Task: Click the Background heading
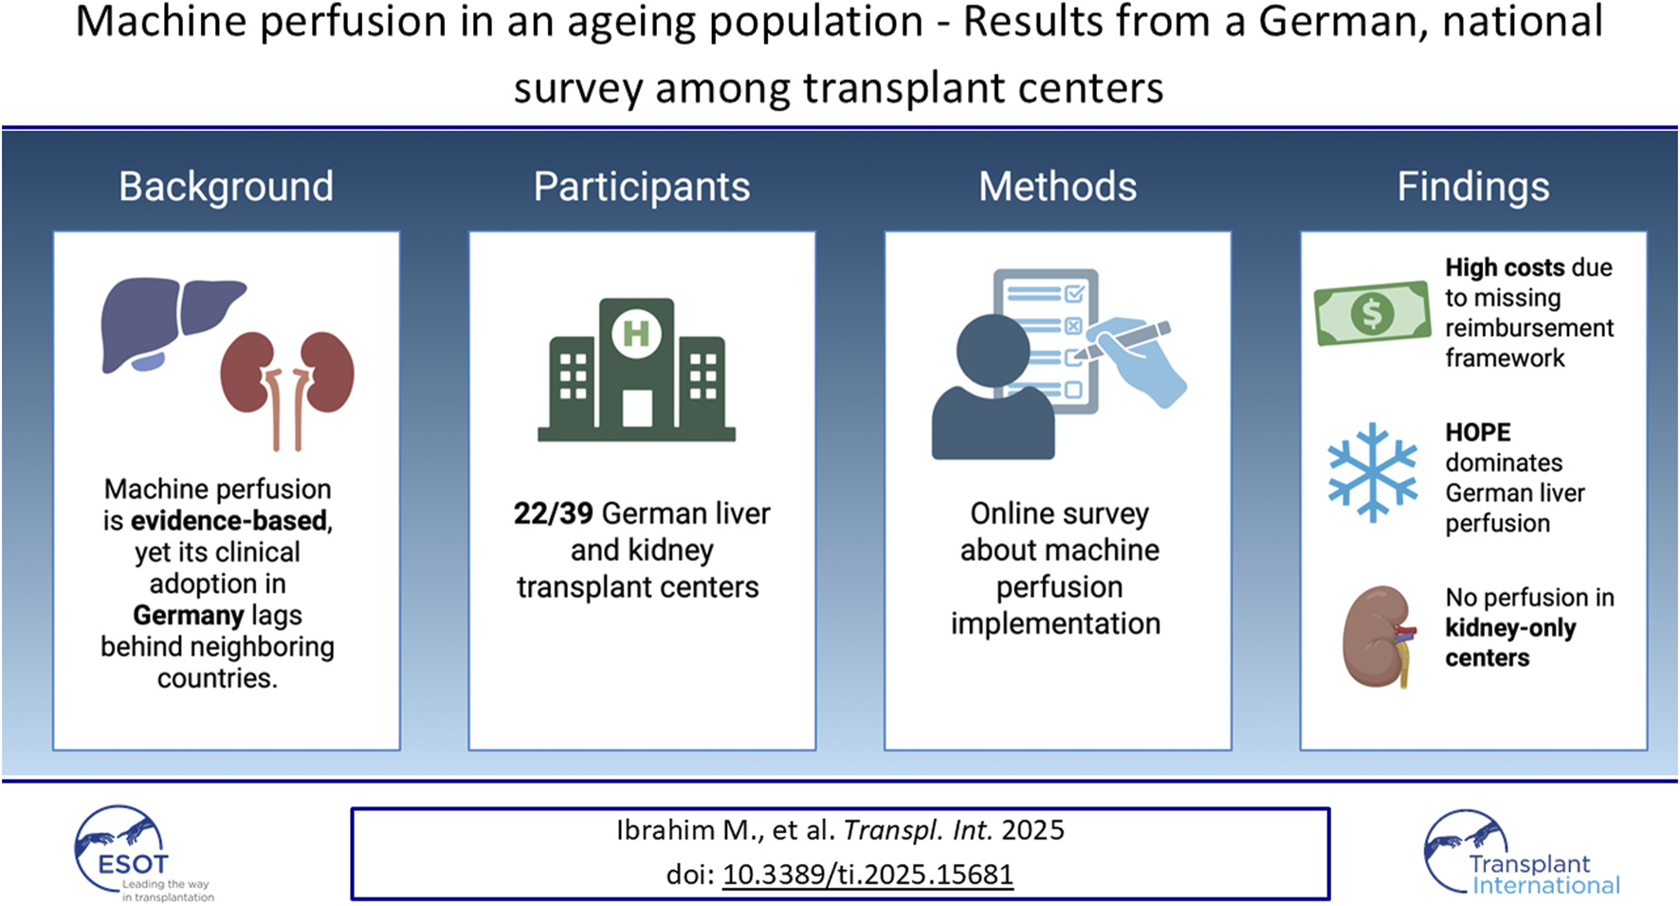coord(226,187)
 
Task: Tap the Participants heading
coord(641,187)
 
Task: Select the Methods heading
coord(1057,187)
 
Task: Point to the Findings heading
coord(1472,187)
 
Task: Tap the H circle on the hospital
coord(636,333)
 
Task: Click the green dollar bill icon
coord(1372,313)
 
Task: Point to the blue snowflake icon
coord(1372,472)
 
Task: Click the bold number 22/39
coord(553,513)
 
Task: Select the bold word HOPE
coord(1477,433)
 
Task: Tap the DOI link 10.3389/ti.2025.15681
coord(867,874)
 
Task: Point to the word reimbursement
coord(1528,328)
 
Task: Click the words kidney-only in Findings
coord(1509,628)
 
